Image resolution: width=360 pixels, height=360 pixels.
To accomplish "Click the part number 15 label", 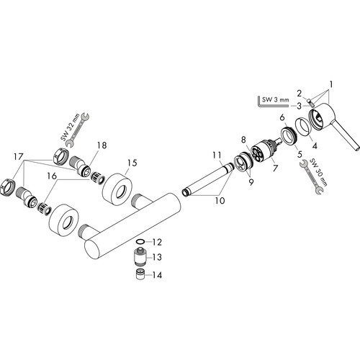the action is [132, 163].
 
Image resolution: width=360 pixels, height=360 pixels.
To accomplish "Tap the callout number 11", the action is [217, 155].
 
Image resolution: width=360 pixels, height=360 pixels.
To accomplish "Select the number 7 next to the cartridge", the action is [275, 168].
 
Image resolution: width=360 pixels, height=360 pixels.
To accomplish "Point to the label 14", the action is [157, 275].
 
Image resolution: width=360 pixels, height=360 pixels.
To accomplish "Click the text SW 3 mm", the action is [275, 99].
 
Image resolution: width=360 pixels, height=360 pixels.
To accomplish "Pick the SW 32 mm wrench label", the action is [68, 130].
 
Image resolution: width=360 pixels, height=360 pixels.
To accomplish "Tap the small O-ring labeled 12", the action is [140, 242].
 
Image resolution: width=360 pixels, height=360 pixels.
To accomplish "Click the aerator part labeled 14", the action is [140, 274].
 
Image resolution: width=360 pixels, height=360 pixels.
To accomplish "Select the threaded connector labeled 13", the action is [140, 256].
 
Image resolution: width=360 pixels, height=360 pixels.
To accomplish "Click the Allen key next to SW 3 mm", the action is [272, 103].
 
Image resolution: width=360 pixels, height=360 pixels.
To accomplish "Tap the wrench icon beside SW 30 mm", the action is [311, 177].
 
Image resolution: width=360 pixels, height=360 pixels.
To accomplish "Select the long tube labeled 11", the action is [208, 178].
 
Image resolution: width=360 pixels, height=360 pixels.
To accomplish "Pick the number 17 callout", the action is [18, 157].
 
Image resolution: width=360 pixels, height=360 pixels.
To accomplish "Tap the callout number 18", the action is [102, 145].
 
